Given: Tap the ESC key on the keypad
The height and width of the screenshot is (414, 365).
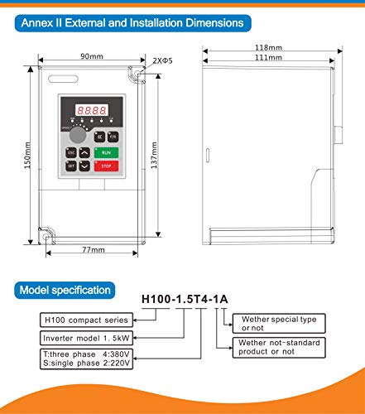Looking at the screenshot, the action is (x=70, y=152).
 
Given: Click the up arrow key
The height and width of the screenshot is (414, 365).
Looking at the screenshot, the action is (x=85, y=152).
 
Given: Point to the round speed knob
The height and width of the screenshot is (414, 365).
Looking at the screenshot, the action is (x=75, y=135).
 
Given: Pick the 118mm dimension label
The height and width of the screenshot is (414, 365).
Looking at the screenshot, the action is (x=269, y=48).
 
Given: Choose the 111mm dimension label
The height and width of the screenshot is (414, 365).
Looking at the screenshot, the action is (x=269, y=59).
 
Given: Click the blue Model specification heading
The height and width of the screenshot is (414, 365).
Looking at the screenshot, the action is (x=64, y=291).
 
